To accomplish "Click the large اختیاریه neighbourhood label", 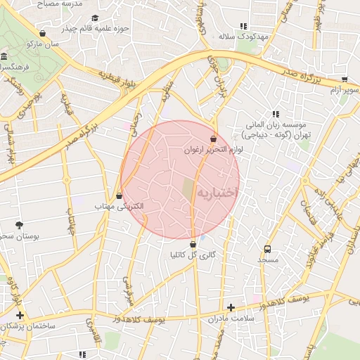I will click(217, 192).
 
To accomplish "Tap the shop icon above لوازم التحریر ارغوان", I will click(214, 139).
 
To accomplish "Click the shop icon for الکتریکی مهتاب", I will click(119, 195).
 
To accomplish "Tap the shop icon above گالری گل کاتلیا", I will click(193, 244).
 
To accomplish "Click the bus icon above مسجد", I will click(267, 249).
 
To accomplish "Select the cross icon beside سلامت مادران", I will click(231, 307).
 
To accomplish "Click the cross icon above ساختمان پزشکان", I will click(20, 315).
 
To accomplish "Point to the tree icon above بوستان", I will click(18, 225).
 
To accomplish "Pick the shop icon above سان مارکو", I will click(43, 32).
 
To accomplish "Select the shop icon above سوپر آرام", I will click(344, 79).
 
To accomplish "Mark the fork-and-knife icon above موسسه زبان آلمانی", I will click(276, 113).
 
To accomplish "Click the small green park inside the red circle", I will click(188, 188).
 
